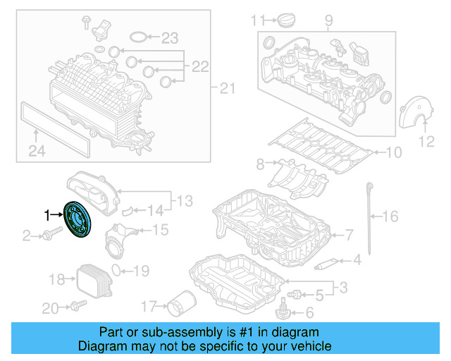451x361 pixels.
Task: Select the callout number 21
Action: pos(225,88)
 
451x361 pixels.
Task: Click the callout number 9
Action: pos(328,22)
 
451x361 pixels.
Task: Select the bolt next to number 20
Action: pos(77,306)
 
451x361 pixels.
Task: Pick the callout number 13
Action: pos(184,202)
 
